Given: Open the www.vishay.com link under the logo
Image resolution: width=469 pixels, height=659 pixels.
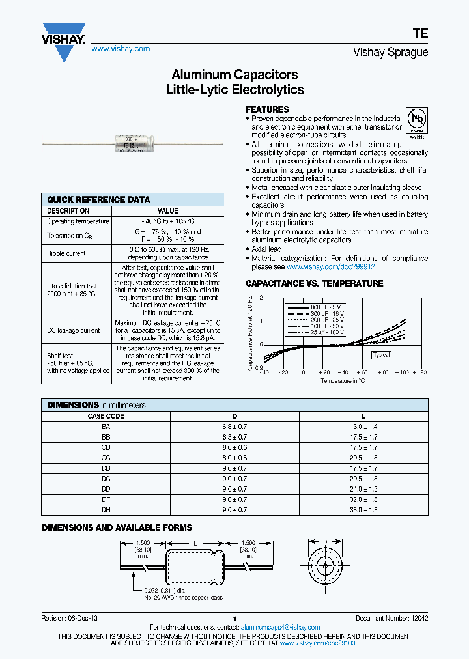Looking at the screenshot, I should tap(121, 49).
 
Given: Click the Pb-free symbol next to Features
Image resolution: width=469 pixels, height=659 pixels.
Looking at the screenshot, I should tap(416, 121).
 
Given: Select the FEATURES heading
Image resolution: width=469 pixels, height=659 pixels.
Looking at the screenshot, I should tap(267, 109).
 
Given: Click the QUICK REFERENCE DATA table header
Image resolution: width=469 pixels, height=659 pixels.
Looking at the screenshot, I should tap(98, 199).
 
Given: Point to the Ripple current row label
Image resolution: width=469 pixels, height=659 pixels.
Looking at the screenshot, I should tap(67, 253).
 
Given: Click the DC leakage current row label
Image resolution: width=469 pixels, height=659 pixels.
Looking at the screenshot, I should tap(74, 330).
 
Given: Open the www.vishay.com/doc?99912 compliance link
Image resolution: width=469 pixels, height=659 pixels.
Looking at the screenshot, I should tap(330, 267).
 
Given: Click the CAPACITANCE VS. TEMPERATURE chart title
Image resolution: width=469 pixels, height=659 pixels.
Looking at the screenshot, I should tap(314, 283).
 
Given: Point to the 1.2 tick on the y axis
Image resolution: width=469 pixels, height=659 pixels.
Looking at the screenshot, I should tap(259, 298).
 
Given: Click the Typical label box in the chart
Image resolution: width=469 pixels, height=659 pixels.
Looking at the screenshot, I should tap(381, 355).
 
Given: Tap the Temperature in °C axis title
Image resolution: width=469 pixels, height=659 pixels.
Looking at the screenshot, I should tap(342, 380).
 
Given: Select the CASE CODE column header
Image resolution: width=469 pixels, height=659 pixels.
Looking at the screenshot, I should tap(106, 415).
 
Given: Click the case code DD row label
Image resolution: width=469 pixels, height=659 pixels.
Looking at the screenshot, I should tap(106, 488).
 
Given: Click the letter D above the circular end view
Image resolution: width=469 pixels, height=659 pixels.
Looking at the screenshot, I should tap(325, 540).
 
